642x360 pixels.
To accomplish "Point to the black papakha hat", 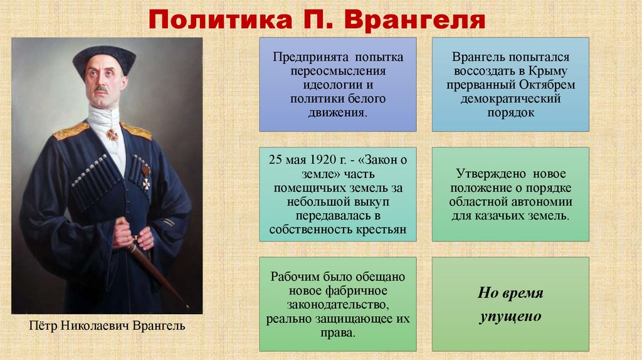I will [104, 58].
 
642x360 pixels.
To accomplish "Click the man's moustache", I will [102, 90].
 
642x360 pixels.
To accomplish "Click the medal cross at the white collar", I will [112, 134].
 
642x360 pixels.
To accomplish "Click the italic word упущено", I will [510, 316].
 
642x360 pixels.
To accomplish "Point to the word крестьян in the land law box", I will [381, 230].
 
